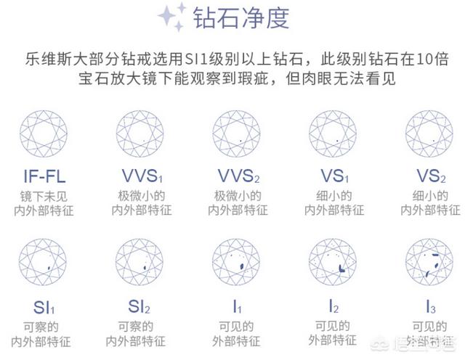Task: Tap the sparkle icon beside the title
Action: point(173,17)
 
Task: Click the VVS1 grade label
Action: point(140,177)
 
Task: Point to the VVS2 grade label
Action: point(237,177)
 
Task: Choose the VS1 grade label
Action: point(334,177)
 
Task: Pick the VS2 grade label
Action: point(430,177)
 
